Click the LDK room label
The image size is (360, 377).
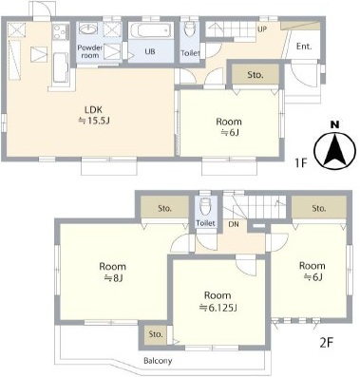93,110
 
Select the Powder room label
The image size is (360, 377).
90,51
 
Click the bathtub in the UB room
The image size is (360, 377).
150,30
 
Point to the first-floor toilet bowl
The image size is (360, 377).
190,28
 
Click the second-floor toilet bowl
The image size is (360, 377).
205,207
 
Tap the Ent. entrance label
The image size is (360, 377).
304,47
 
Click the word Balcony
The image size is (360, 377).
158,361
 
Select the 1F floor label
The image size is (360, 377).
301,163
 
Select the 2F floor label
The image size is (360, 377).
327,343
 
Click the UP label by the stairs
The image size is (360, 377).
262,29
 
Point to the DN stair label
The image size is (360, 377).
234,224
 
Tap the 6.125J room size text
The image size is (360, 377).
218,308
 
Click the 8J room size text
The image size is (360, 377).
113,278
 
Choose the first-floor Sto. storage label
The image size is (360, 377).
256,75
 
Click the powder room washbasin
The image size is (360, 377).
89,29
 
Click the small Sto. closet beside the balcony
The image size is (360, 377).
156,334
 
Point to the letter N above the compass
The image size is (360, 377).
335,124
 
